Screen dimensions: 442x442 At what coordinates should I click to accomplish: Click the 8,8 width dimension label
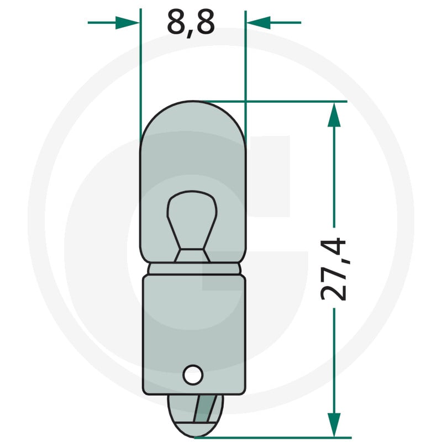coord(191,23)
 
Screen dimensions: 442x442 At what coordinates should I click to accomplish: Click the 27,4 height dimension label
coord(334,269)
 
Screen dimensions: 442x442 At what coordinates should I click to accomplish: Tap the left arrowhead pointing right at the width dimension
coord(128,23)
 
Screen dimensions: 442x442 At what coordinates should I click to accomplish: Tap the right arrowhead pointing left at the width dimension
coord(259,23)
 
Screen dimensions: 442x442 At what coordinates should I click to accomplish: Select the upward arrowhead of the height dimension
coord(334,115)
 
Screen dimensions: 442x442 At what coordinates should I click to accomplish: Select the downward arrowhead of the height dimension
coord(334,425)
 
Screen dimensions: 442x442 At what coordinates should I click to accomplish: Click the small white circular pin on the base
coord(193,375)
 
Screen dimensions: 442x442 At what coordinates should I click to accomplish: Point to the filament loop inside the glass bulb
coord(192,220)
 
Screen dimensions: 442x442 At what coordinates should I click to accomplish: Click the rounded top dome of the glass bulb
coord(193,121)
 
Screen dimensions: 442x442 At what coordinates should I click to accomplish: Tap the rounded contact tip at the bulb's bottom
coord(195,416)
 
